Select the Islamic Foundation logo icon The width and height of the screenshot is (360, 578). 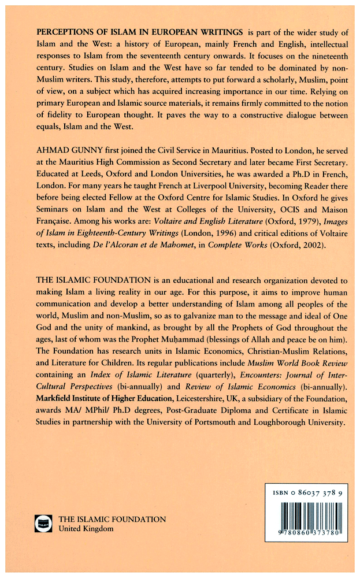coord(44,524)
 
